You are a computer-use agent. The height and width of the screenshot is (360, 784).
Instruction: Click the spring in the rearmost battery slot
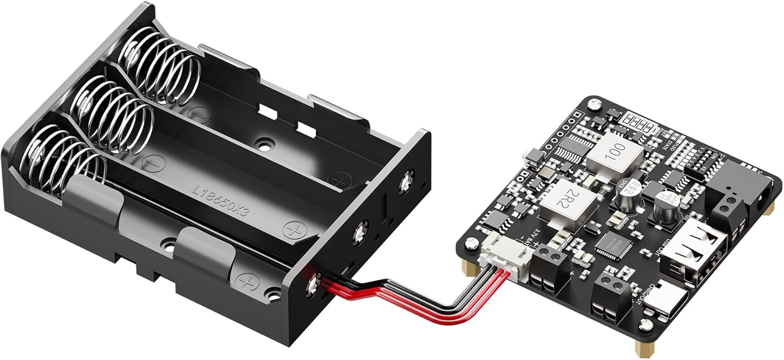(159, 68)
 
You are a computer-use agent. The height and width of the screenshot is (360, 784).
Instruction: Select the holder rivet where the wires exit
(314, 284)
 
